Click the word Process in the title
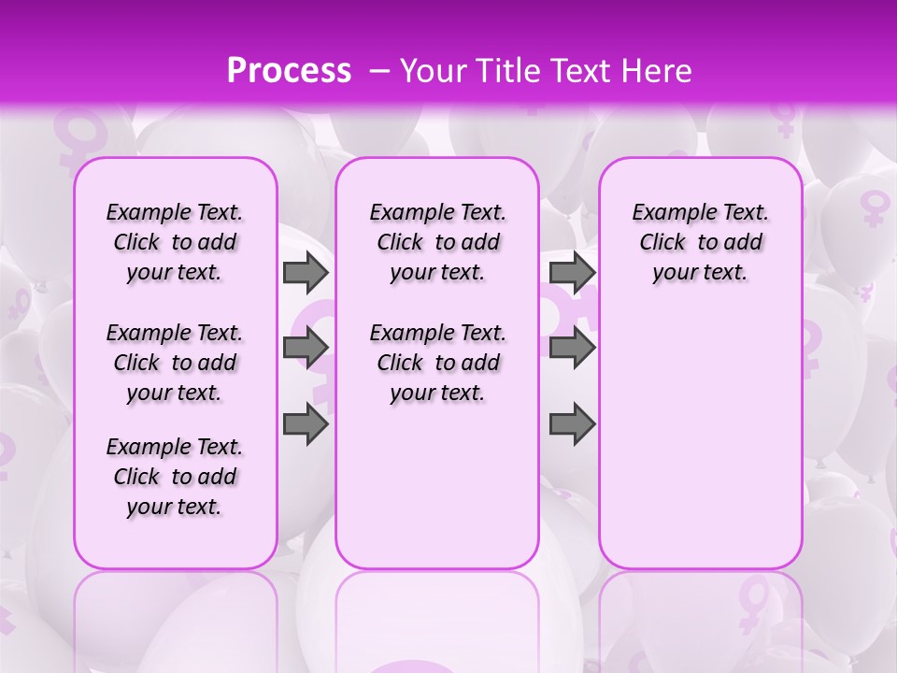(x=289, y=70)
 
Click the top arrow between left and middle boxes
(x=306, y=273)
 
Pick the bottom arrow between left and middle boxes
(x=306, y=425)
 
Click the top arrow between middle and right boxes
(x=572, y=273)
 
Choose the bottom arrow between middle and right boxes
(x=572, y=425)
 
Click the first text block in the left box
(x=175, y=242)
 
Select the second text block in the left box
(x=175, y=363)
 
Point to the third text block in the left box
(x=175, y=477)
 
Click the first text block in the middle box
(x=437, y=242)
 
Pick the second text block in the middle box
(x=437, y=363)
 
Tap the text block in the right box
(x=700, y=242)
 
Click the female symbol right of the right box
(x=875, y=208)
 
